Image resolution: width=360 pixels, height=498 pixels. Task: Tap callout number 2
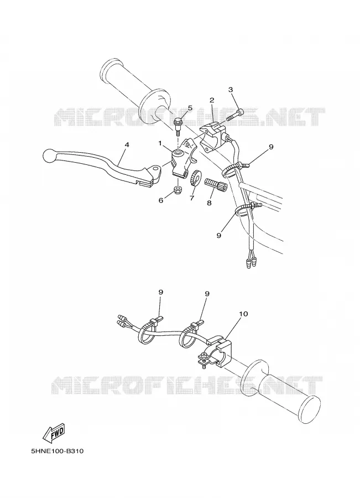pyautogui.click(x=212, y=100)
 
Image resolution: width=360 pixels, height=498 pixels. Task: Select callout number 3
pyautogui.click(x=231, y=90)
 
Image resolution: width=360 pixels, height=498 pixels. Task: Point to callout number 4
pyautogui.click(x=127, y=144)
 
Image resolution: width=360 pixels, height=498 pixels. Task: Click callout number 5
pyautogui.click(x=190, y=108)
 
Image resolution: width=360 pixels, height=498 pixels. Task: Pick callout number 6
pyautogui.click(x=161, y=200)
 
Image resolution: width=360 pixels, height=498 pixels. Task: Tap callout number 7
pyautogui.click(x=192, y=198)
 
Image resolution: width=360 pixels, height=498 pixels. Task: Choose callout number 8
pyautogui.click(x=209, y=203)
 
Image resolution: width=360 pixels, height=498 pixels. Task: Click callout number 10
pyautogui.click(x=243, y=314)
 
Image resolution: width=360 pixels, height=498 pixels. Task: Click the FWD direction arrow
pyautogui.click(x=54, y=433)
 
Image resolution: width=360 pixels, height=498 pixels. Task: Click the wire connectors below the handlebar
pyautogui.click(x=251, y=262)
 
